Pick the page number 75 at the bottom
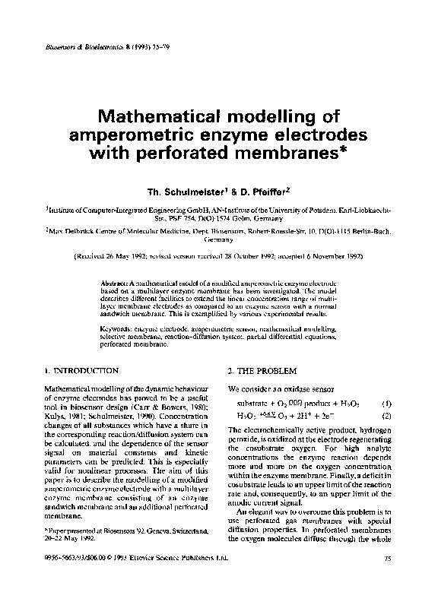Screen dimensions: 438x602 click(387, 580)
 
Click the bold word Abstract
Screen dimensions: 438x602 click(116, 283)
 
